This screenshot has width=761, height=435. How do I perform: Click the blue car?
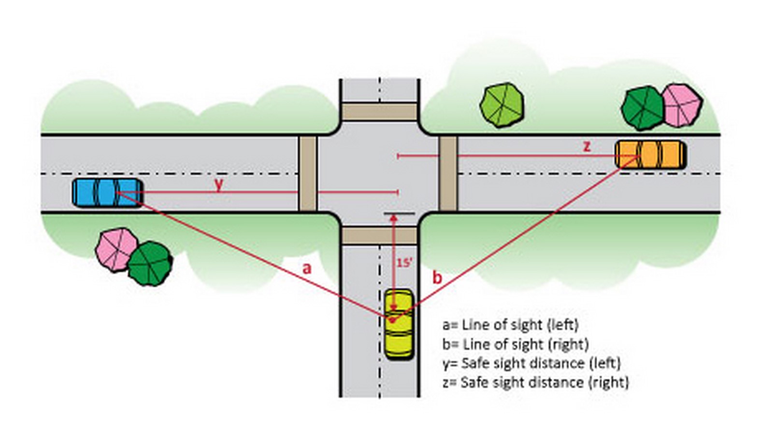108,193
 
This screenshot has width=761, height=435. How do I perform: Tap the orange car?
651,155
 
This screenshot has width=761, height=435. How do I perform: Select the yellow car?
399,324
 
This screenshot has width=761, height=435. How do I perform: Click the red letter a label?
307,268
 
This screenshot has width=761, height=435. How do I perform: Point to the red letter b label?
437,277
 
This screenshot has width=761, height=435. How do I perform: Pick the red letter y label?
219,185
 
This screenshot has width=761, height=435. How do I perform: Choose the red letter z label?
587,146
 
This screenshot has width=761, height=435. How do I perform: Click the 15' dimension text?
404,263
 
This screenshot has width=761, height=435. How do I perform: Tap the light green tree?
502,105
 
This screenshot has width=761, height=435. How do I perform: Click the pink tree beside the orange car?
682,106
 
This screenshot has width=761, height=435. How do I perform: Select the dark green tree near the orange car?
643,108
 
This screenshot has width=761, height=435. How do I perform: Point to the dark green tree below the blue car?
150,263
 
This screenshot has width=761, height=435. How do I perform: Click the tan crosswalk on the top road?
379,112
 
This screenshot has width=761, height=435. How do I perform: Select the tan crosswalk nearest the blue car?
308,174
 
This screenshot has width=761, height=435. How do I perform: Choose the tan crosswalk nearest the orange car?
448,174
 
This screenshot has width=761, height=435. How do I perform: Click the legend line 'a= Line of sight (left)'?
511,325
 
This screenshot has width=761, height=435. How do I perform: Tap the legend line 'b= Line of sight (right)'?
516,344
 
